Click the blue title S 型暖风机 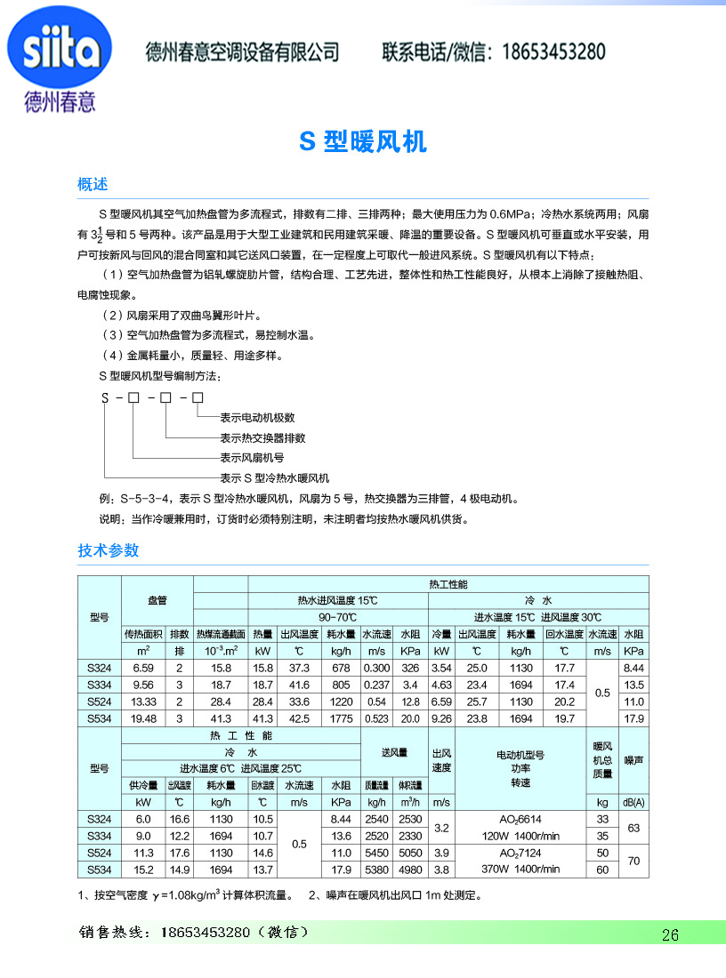click(x=362, y=141)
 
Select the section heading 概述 click(x=93, y=185)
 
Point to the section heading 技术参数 click(x=109, y=550)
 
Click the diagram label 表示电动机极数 click(x=257, y=417)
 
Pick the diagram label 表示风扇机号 click(x=252, y=458)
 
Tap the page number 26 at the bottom click(x=670, y=934)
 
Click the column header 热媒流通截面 click(x=220, y=634)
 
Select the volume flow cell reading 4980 click(x=410, y=870)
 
